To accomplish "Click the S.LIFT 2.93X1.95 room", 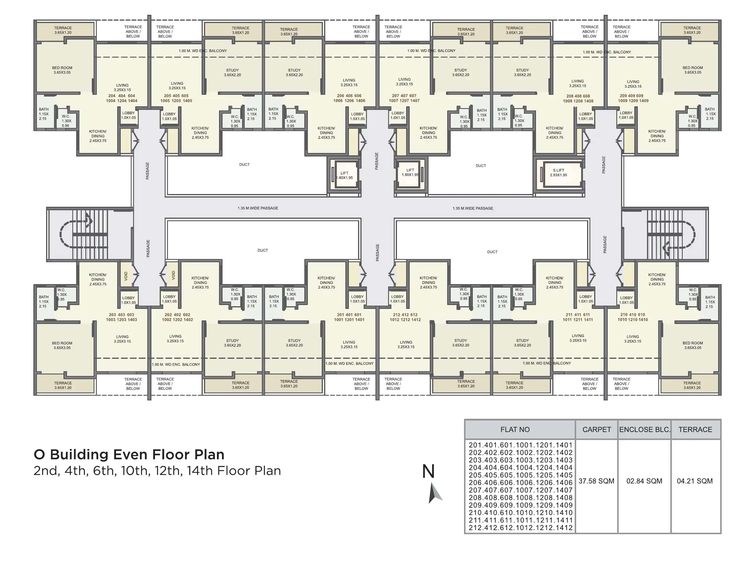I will [x=558, y=173].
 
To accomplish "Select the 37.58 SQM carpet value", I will [x=596, y=481].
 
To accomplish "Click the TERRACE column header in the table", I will [x=695, y=429].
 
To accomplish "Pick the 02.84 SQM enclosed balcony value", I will [x=644, y=481].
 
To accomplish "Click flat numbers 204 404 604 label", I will [x=122, y=98].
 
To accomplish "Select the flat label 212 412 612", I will [x=405, y=317].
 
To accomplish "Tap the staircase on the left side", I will [x=89, y=234].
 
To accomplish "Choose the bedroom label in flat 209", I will [x=692, y=70].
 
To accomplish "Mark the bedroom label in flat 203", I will [x=62, y=345].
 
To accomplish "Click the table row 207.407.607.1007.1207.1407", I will [x=520, y=490].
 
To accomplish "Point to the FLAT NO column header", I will [x=514, y=429].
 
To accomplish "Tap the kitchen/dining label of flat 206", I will [x=326, y=133].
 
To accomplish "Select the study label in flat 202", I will [x=232, y=343].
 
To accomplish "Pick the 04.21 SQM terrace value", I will [x=694, y=481].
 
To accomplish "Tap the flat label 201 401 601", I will [x=349, y=317].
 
